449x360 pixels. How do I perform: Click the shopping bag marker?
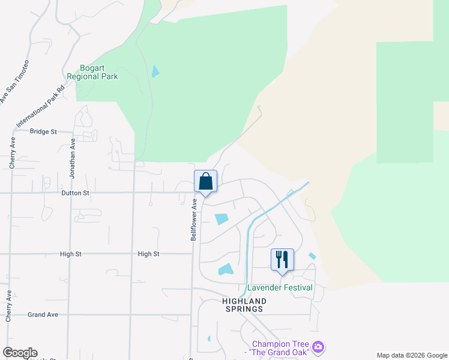205,182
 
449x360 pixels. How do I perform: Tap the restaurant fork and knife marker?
282,260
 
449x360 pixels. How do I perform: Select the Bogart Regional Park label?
92,72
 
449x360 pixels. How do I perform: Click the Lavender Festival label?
280,288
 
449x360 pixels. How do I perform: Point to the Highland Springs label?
243,305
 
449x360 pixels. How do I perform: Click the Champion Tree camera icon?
318,347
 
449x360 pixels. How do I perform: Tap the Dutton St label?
75,193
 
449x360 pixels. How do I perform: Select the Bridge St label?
43,131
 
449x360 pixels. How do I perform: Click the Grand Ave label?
43,314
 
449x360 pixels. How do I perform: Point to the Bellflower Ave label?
194,220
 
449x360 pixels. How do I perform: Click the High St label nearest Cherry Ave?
70,254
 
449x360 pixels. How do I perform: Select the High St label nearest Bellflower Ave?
148,254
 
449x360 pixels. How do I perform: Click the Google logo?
20,353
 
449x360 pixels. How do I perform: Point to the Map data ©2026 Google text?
412,355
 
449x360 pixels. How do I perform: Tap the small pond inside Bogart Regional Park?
155,71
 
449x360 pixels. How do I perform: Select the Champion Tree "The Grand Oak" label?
280,348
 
